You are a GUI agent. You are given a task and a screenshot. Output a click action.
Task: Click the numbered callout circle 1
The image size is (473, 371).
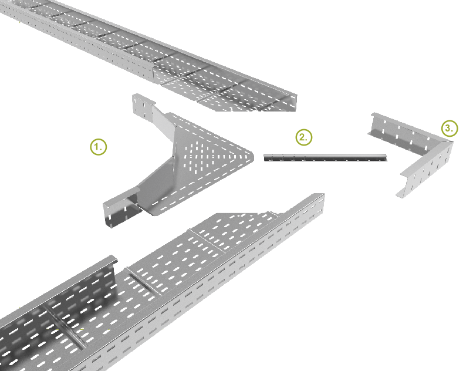point(99,147)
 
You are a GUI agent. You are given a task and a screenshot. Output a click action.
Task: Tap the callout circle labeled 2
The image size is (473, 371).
point(304,137)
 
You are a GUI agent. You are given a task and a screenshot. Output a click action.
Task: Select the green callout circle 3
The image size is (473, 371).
point(450,129)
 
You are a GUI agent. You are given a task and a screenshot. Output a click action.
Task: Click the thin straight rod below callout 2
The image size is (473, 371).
point(325,157)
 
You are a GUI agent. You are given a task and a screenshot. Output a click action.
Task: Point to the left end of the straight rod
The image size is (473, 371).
point(265,157)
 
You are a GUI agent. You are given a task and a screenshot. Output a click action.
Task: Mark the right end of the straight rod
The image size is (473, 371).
point(386,157)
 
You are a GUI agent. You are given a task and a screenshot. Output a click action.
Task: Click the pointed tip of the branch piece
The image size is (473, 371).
point(252,156)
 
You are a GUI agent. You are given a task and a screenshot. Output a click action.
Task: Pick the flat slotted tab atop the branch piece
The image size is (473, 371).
point(143,106)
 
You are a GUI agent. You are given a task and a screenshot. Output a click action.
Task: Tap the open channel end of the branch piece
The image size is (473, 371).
point(119,208)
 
